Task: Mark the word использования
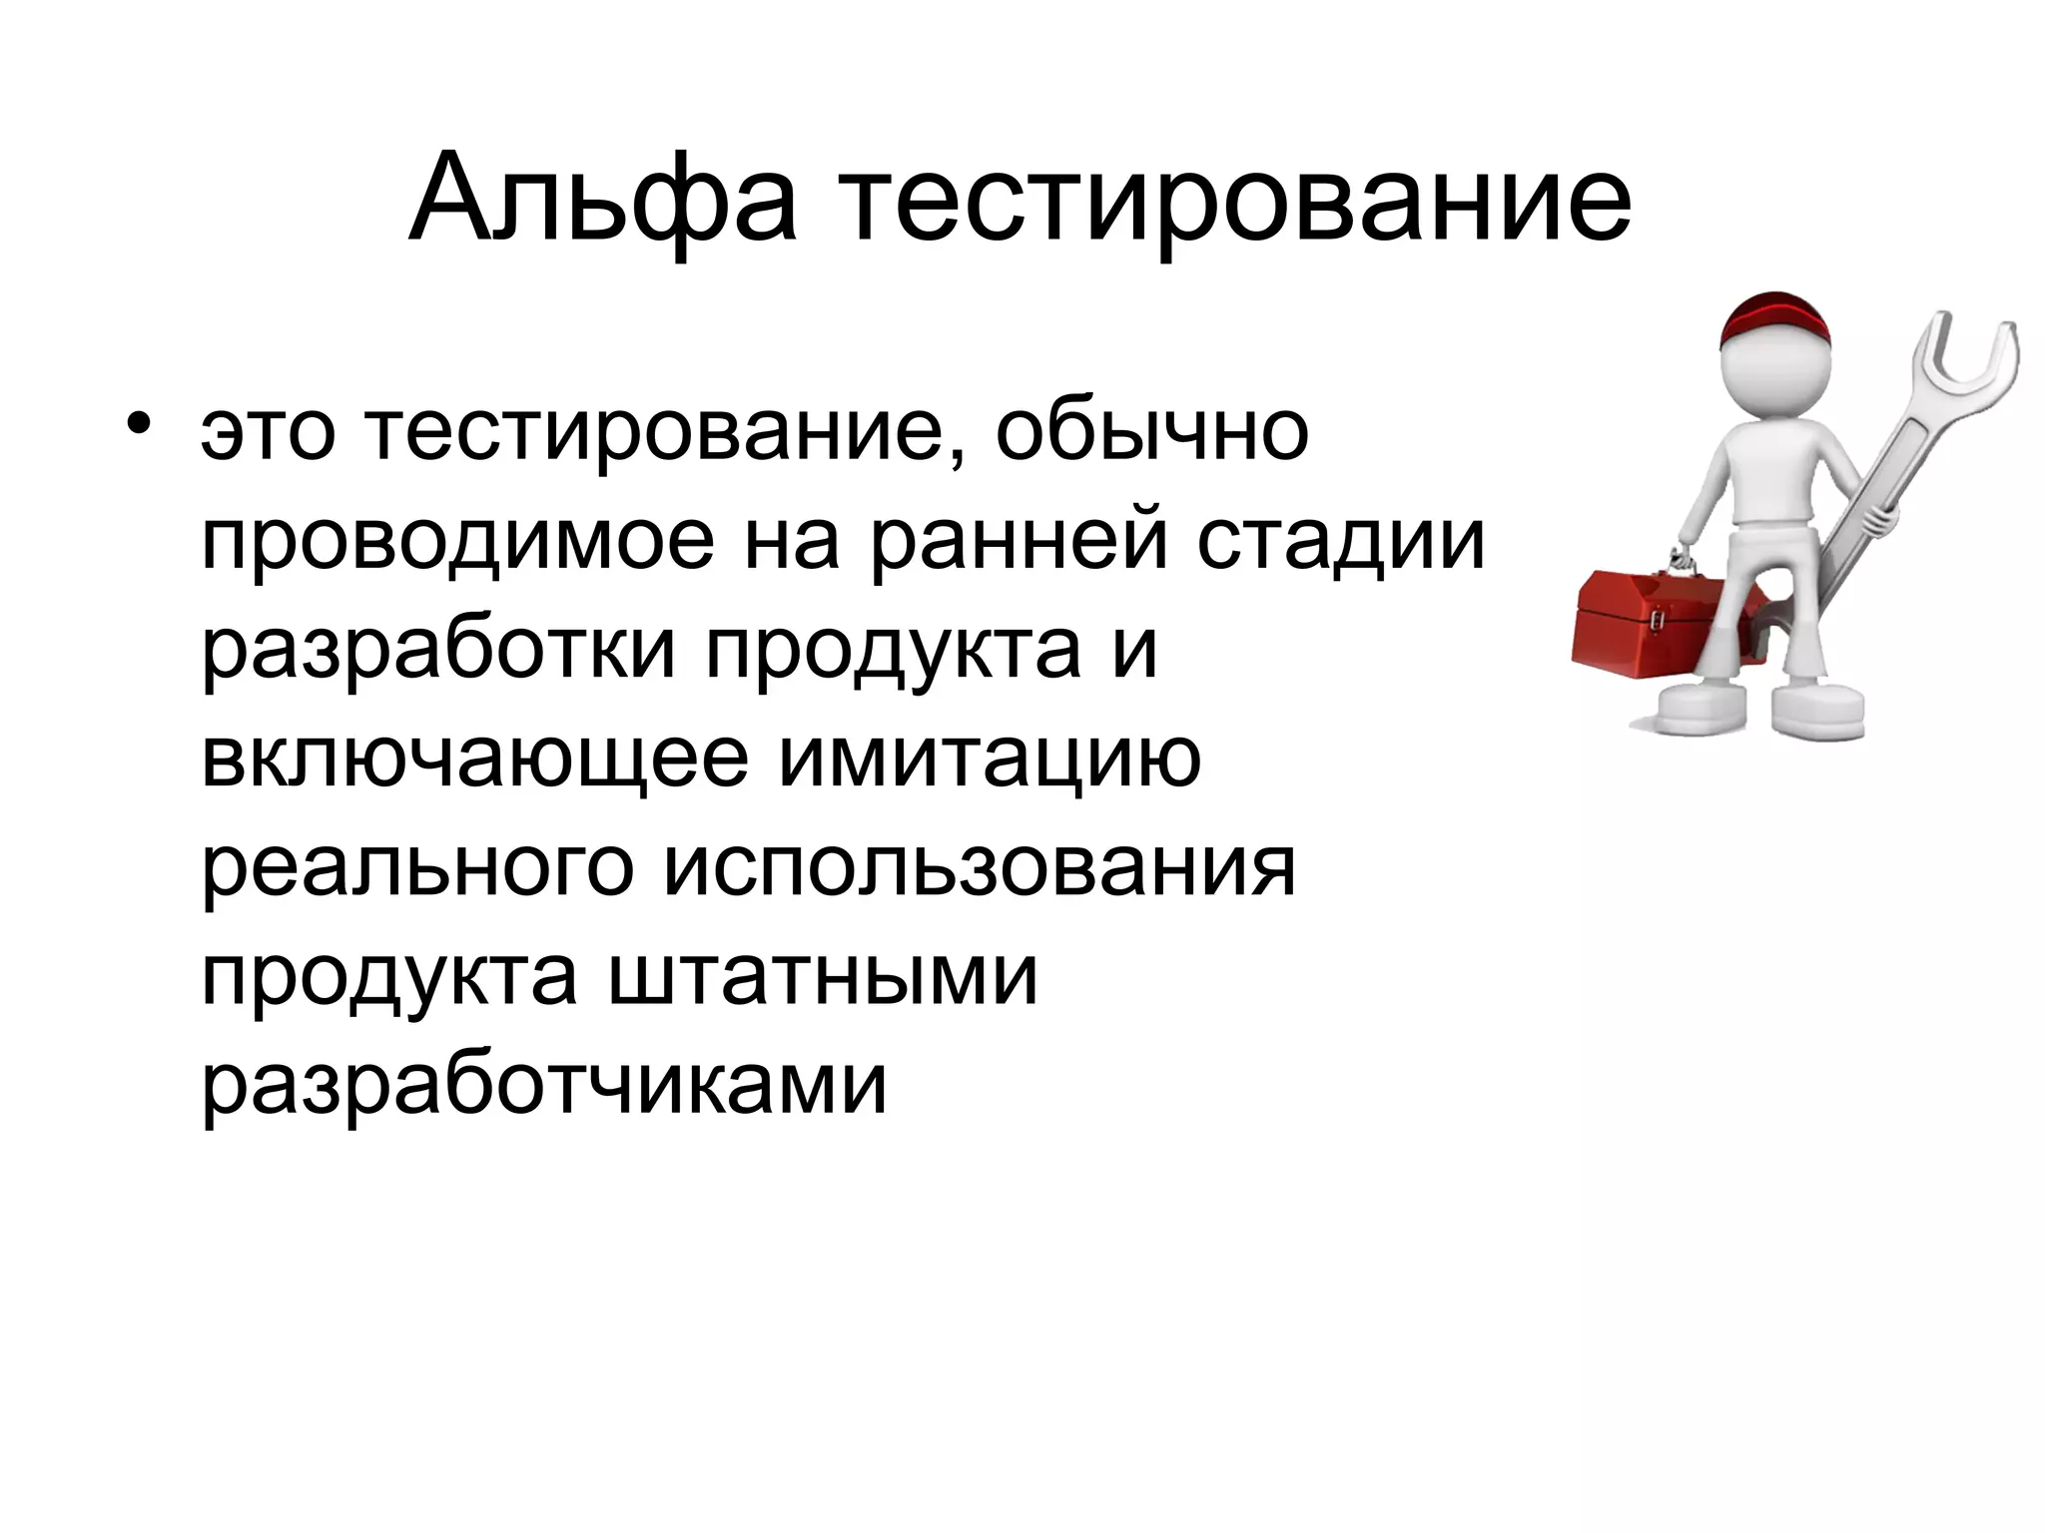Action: pos(979,867)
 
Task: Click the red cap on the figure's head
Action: pos(1775,318)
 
